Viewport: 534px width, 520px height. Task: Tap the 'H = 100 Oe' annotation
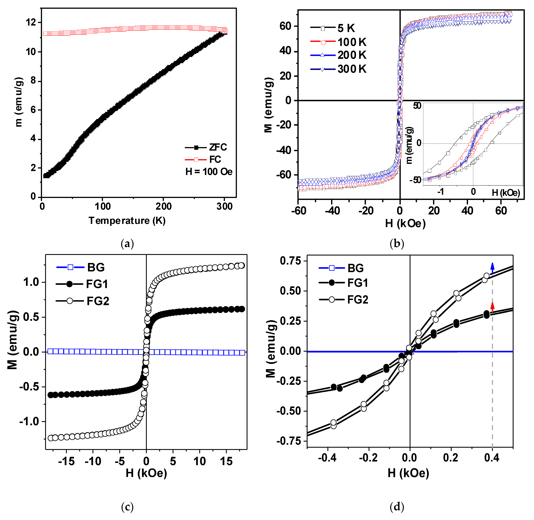tap(209, 172)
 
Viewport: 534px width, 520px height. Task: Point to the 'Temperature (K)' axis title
tap(127, 221)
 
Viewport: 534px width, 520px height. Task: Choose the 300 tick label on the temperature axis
tap(224, 206)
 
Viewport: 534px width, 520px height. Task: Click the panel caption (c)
tap(127, 507)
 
